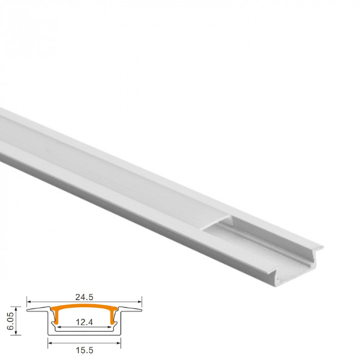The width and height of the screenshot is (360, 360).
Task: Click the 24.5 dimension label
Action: click(84, 297)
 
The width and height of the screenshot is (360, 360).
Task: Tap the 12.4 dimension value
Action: click(84, 322)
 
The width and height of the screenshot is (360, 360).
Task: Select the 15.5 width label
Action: click(85, 350)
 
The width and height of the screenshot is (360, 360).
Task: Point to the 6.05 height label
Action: click(10, 321)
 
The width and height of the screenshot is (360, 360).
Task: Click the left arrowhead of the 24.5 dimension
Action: click(29, 302)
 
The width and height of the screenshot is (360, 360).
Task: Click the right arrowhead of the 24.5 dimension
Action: click(140, 302)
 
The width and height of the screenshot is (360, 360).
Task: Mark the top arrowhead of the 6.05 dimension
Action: click(16, 308)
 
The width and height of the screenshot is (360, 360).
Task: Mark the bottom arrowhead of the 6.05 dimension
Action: click(16, 333)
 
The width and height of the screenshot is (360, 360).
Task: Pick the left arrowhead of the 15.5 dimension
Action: click(50, 343)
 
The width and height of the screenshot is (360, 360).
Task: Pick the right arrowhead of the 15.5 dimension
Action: click(119, 343)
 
